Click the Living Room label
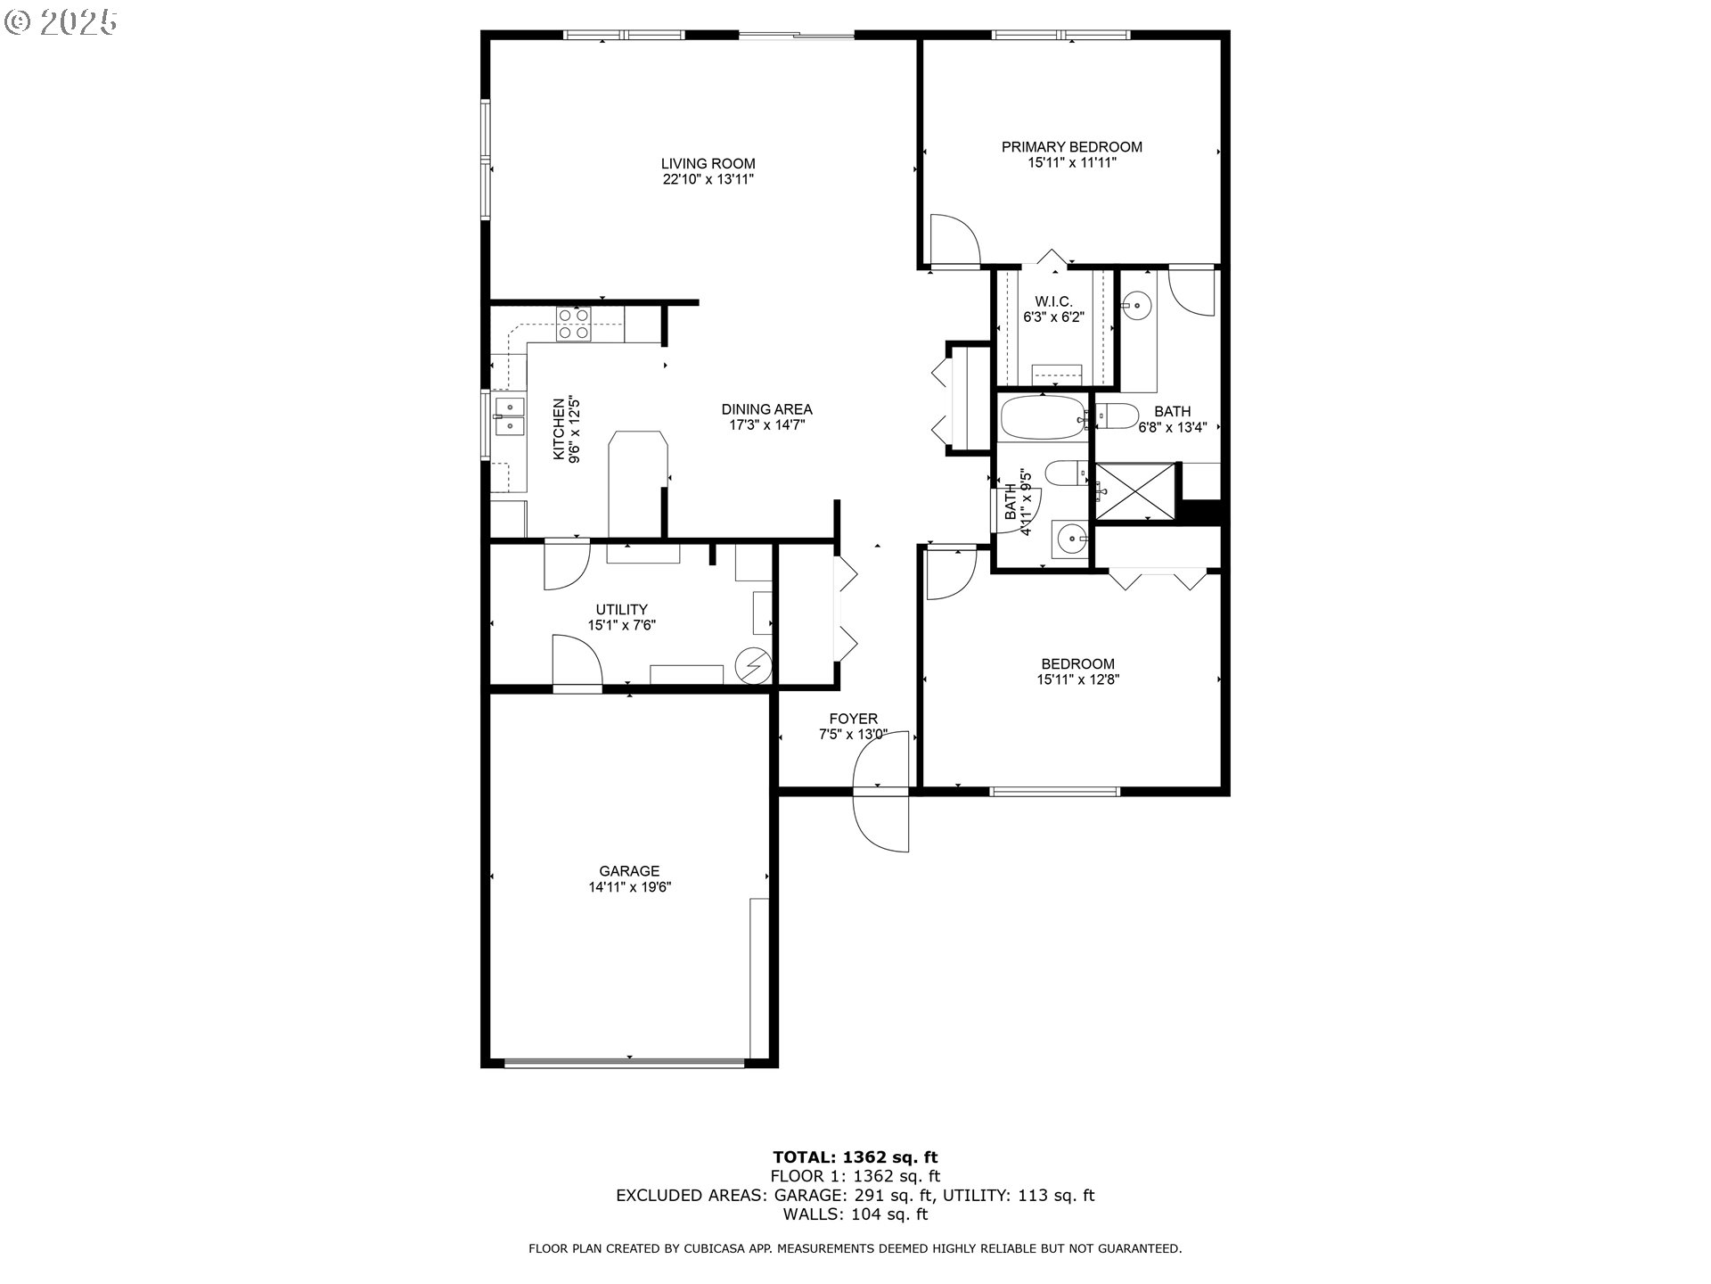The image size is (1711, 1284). [708, 164]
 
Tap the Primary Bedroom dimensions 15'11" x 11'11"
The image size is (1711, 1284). [1071, 163]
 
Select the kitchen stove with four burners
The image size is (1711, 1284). [573, 324]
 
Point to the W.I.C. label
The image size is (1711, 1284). [1052, 302]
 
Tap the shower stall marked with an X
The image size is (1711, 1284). [1134, 490]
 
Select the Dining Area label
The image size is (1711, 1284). [766, 410]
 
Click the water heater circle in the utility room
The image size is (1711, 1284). [754, 664]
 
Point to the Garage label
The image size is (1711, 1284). [629, 871]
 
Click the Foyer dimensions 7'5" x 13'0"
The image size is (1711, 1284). [853, 735]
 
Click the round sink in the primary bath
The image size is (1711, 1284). [1136, 306]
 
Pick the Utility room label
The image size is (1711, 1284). [621, 610]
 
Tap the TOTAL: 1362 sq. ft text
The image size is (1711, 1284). [855, 1157]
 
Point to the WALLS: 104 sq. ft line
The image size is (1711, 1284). [855, 1214]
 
